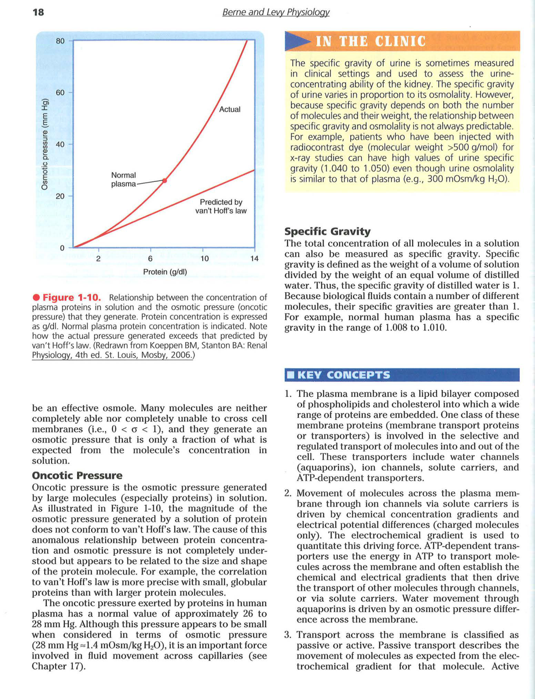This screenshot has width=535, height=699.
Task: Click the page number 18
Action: tap(38, 12)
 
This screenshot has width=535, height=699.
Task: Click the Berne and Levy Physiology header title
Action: tap(276, 12)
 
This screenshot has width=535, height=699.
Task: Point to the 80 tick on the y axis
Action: tap(60, 41)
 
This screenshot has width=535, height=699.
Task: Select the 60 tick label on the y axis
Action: tap(60, 92)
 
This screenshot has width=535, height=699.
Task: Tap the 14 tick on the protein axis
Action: tap(254, 259)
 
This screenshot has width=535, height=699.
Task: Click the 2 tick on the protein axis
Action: tap(98, 259)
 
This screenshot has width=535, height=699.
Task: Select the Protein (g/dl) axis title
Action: tap(165, 272)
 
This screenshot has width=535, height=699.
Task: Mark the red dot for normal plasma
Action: tap(165, 180)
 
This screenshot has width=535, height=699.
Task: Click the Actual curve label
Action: tap(230, 109)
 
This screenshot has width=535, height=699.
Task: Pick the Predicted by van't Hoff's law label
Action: tap(221, 206)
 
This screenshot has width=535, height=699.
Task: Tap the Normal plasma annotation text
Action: tap(123, 179)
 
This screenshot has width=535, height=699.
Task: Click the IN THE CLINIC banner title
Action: tap(370, 42)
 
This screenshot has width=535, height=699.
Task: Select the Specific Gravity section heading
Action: tap(327, 231)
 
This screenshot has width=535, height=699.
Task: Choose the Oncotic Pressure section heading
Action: tap(77, 475)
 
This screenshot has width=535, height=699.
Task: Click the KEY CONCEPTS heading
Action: tap(343, 375)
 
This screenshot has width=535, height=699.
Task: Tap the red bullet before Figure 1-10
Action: tap(36, 298)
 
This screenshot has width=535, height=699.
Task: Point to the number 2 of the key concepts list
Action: tap(288, 493)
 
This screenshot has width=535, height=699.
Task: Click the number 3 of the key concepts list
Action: tap(288, 635)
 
